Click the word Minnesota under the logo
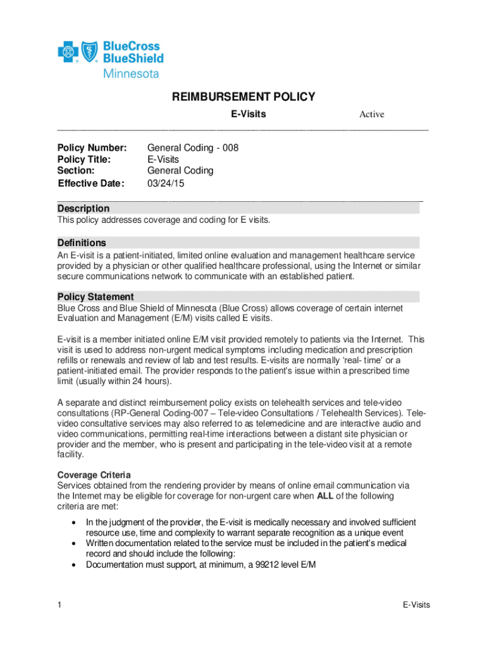coord(131,73)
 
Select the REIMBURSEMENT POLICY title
coord(244,97)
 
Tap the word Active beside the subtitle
coord(371,115)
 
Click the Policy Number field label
coord(92,147)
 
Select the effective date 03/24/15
coord(166,184)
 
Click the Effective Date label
coord(91,184)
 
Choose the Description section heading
coord(83,208)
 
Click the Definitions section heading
coord(82,242)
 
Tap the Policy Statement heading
coord(96,297)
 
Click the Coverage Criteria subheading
coord(94,475)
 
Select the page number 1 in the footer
coord(59,605)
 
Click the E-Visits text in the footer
coord(416,605)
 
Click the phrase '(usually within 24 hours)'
coord(120,381)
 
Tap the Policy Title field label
coord(84,159)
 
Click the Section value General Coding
coord(180,170)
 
